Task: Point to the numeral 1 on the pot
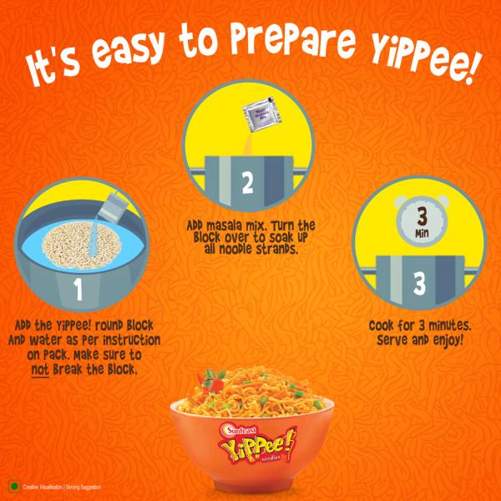tap(78, 290)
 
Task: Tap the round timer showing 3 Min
tap(419, 223)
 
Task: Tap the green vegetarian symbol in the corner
tap(13, 487)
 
